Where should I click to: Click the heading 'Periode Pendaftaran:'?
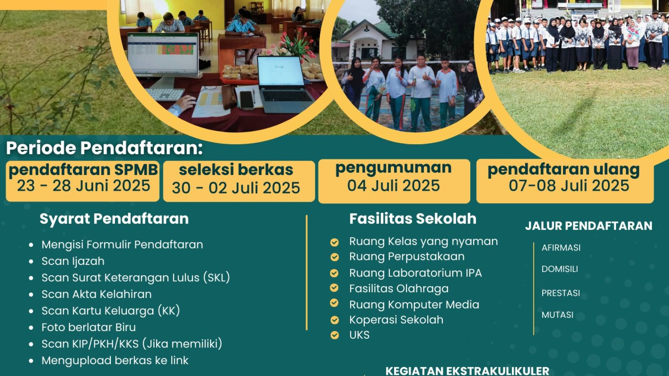[104, 148]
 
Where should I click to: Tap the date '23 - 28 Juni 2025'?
[84, 186]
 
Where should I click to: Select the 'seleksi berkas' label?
[236, 170]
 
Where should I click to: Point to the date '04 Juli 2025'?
[393, 186]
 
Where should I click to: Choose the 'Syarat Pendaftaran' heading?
[114, 219]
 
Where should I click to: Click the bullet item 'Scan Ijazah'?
[73, 261]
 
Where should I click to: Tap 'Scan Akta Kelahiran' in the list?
[97, 294]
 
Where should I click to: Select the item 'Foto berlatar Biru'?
[89, 327]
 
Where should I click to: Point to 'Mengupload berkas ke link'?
[115, 360]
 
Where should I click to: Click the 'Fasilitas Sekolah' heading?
[413, 219]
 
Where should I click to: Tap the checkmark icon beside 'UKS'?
[334, 335]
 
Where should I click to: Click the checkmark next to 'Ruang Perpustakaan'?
[334, 257]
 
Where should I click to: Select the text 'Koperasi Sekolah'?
[396, 320]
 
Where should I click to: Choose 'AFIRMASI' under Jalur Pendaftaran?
[561, 248]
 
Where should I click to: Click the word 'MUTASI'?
[557, 315]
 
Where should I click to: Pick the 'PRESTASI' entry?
[561, 293]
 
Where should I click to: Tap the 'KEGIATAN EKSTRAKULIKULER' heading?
[467, 371]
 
